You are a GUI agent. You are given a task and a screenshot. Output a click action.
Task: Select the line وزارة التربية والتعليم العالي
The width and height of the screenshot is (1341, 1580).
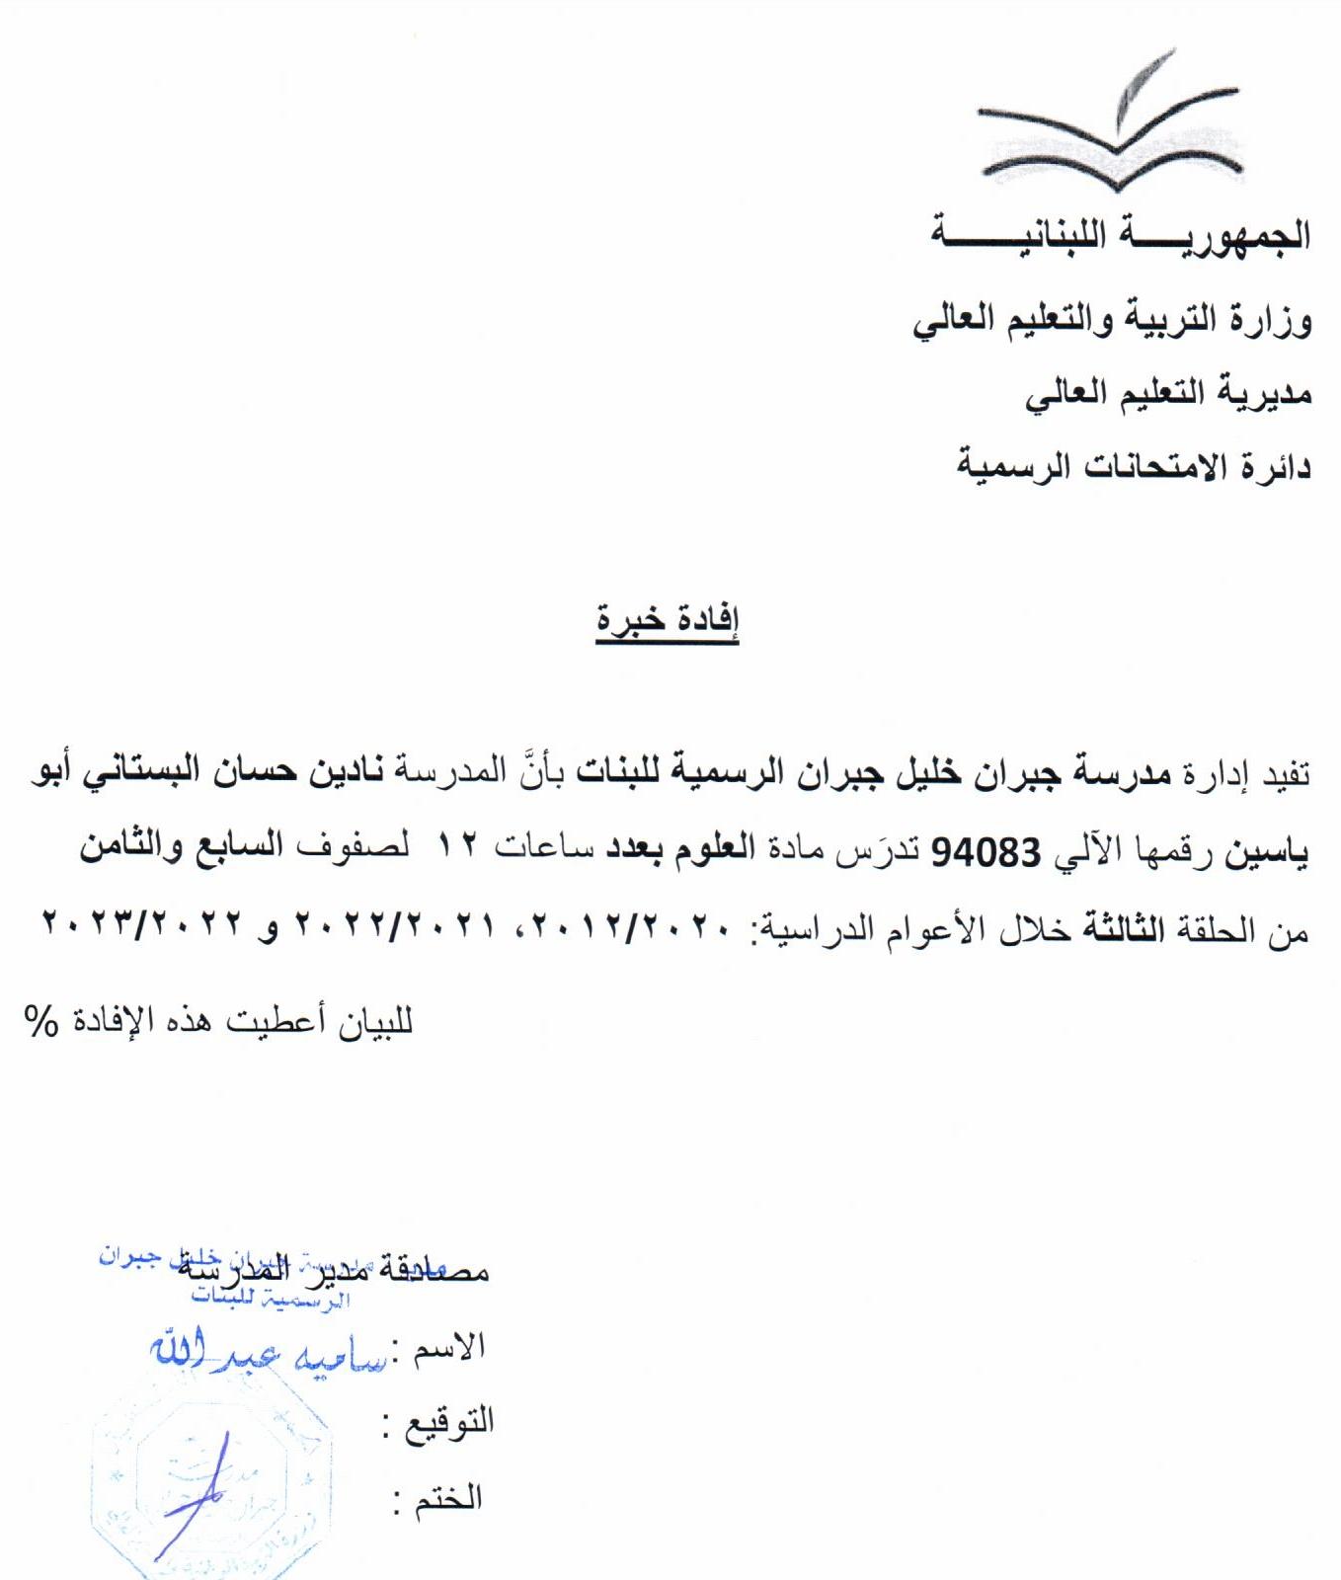click(x=1112, y=322)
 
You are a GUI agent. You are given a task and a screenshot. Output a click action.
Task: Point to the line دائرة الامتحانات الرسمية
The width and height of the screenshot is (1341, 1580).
click(x=1134, y=465)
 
